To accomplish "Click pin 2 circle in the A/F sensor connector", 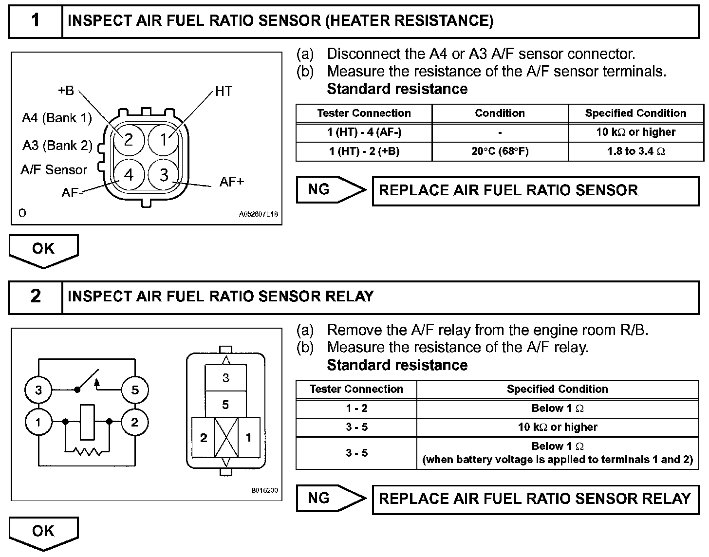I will (129, 140).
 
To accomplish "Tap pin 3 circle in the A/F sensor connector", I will (164, 175).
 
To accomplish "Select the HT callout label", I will (224, 92).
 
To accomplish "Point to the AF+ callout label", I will (232, 182).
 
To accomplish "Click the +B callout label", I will (66, 91).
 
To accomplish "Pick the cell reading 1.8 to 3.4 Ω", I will (635, 151).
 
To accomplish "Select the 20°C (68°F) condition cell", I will (500, 151).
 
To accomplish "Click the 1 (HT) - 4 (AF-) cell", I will (364, 132).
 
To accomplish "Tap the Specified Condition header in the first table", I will (635, 113).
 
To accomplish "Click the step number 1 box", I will (36, 21).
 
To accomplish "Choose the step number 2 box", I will (36, 296).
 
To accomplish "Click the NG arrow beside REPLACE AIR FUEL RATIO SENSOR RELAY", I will (331, 498).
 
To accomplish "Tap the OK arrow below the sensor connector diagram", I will (43, 250).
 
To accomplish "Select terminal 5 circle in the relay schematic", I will (135, 390).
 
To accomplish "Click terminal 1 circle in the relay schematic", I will (38, 422).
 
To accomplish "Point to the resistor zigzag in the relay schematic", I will (88, 452).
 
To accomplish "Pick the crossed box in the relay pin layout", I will (226, 437).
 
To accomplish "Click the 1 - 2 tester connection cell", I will (356, 408).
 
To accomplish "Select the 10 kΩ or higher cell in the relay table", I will (558, 427).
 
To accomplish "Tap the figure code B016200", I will (264, 490).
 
